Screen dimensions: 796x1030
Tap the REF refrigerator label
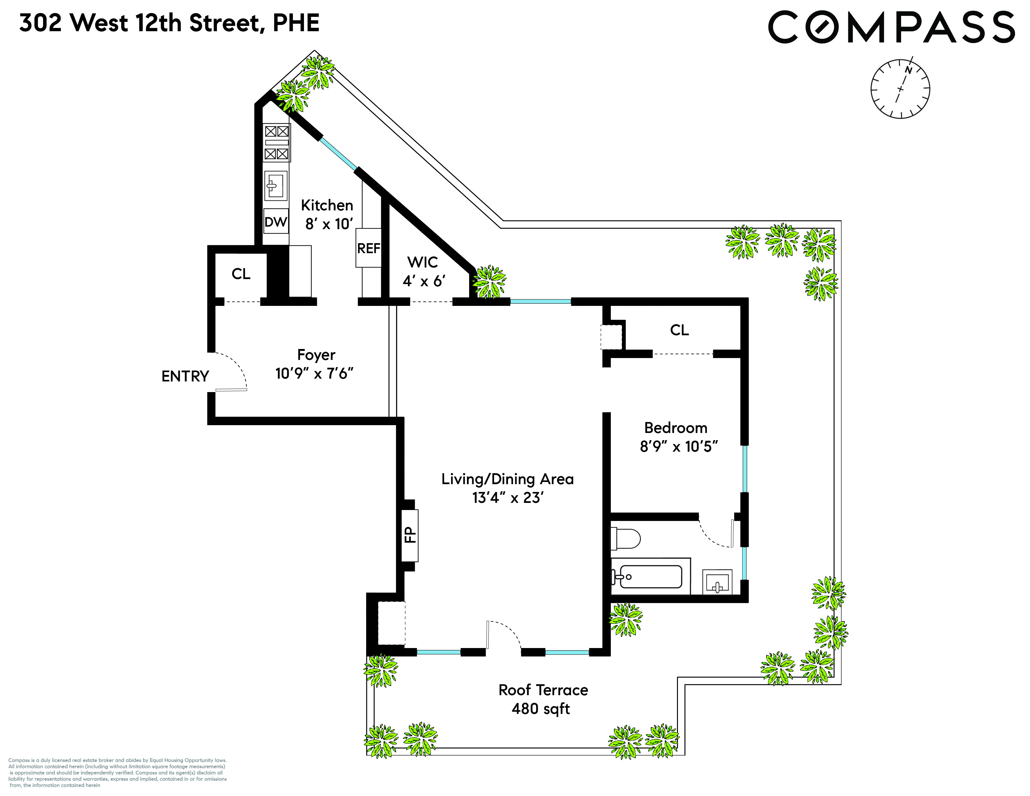coord(368,248)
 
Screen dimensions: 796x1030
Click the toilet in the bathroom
coord(625,538)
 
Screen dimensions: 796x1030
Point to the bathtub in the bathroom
coord(650,576)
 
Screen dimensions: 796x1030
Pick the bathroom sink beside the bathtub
coord(717,582)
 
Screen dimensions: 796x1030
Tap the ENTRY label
coord(185,376)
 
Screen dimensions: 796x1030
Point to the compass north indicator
coord(908,70)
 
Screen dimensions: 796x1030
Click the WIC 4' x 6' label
coord(423,272)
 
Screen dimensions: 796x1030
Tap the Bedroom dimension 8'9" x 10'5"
coord(678,446)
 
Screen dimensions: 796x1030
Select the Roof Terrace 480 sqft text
coord(543,699)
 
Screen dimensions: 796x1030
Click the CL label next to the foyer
coord(241,274)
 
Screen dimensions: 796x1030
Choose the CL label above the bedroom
coord(679,330)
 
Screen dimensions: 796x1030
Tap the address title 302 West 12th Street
coord(169,23)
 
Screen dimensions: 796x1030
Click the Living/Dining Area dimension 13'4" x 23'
coord(508,498)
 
